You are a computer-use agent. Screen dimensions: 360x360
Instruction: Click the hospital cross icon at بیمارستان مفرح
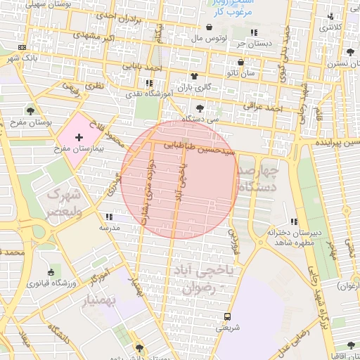click(x=79, y=133)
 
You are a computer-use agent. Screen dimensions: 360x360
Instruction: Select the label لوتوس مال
click(x=207, y=37)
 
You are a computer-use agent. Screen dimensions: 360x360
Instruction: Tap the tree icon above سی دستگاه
click(x=201, y=108)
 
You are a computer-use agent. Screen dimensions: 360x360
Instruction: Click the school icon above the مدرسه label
click(x=108, y=217)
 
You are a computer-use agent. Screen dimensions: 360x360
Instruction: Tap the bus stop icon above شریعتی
click(x=226, y=316)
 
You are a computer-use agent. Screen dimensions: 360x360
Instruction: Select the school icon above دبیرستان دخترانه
click(x=292, y=219)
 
